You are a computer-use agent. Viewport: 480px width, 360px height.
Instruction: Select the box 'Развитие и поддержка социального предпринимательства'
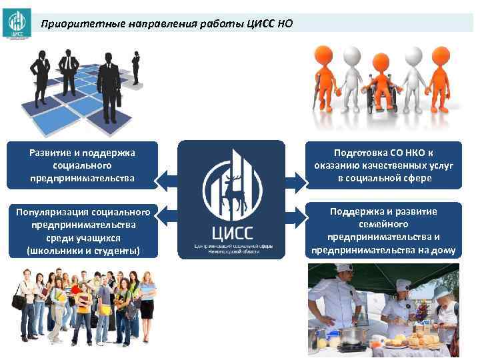82,165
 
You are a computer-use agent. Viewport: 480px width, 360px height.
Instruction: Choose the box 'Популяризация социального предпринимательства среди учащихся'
82,231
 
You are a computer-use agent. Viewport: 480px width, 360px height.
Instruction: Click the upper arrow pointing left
167,178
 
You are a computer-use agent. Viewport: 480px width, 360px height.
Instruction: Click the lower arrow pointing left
167,219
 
